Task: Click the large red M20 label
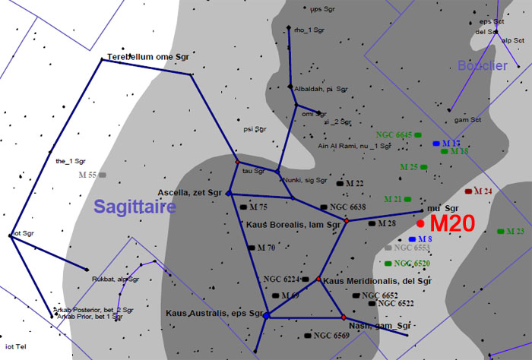coord(453,223)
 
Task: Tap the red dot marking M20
coord(420,223)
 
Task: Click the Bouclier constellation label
coord(482,66)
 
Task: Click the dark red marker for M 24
coord(468,191)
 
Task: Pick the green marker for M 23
coord(500,231)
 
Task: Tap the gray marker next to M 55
coord(103,175)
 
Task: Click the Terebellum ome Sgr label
coord(147,57)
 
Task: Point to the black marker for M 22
coord(340,184)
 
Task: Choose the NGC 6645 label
coord(393,134)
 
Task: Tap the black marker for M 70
coord(251,248)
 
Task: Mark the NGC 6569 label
coord(331,335)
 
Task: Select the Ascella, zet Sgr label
coord(190,192)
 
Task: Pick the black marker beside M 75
coord(243,207)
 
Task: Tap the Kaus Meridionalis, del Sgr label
coord(368,282)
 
